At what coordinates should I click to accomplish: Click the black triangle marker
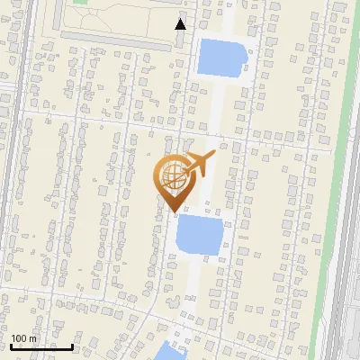pos(181,24)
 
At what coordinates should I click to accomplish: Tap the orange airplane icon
pos(198,165)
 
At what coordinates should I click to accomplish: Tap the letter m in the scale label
pos(32,339)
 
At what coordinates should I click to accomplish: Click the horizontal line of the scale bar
pos(41,346)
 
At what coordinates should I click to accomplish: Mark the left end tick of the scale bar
pos(11,345)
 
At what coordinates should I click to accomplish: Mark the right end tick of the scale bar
pos(73,345)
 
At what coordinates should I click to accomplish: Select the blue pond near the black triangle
pos(220,58)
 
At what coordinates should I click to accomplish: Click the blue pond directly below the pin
pos(197,235)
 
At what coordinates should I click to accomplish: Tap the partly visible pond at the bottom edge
pos(168,352)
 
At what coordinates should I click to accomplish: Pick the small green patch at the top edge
pos(80,3)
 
